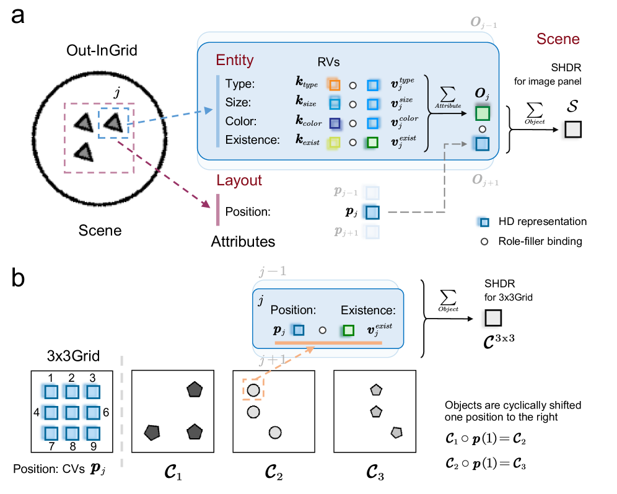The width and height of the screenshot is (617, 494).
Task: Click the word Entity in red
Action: point(235,60)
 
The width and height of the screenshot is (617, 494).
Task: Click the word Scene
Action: point(558,39)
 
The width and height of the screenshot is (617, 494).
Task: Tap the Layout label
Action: point(239,180)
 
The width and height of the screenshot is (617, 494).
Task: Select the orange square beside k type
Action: point(335,85)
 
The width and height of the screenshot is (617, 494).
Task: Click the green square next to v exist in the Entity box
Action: point(372,142)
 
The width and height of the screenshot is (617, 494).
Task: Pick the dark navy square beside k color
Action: point(335,123)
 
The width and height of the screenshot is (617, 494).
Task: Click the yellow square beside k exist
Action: point(335,142)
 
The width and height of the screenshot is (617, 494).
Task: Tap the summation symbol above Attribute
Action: point(447,94)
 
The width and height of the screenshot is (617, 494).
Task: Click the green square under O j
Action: point(483,113)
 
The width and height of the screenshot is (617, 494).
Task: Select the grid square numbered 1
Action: point(51,392)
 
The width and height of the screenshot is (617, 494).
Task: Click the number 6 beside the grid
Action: point(106,412)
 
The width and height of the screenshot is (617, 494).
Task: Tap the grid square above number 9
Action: point(92,433)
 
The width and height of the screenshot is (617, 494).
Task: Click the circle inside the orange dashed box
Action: point(253,390)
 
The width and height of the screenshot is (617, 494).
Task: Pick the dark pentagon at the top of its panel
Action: point(195,389)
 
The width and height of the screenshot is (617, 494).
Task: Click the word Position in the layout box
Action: point(294,311)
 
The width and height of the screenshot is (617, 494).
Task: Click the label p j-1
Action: point(346,192)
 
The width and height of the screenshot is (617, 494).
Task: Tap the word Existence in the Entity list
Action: point(252,140)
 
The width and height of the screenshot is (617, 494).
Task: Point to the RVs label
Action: point(328,62)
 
